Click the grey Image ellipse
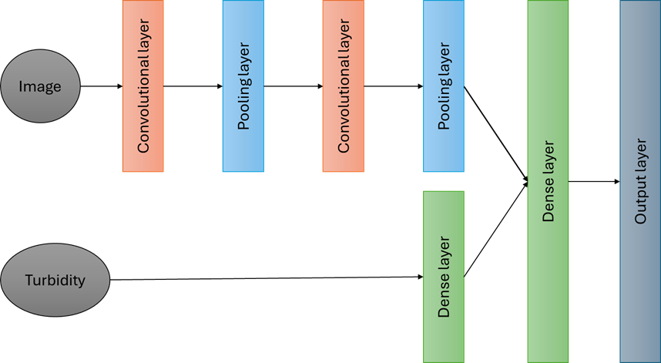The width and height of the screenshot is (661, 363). coord(40,86)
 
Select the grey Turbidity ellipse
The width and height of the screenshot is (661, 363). coord(54,279)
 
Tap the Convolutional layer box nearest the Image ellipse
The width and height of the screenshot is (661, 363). coord(143,86)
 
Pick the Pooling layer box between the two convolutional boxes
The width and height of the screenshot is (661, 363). coord(243,86)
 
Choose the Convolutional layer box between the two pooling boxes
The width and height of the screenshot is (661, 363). coord(343,86)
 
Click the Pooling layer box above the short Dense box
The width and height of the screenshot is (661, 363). coord(444,86)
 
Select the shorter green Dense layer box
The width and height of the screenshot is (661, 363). coord(444,276)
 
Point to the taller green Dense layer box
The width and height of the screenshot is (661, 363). coord(548,181)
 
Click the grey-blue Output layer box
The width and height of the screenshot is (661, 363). coord(640,181)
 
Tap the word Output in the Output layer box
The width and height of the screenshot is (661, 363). coord(640,202)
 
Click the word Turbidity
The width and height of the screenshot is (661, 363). coord(54,279)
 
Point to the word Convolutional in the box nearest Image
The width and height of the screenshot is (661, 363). coord(143,105)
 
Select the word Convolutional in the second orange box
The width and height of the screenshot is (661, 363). coord(344,105)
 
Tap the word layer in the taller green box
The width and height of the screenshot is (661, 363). coord(549,159)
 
